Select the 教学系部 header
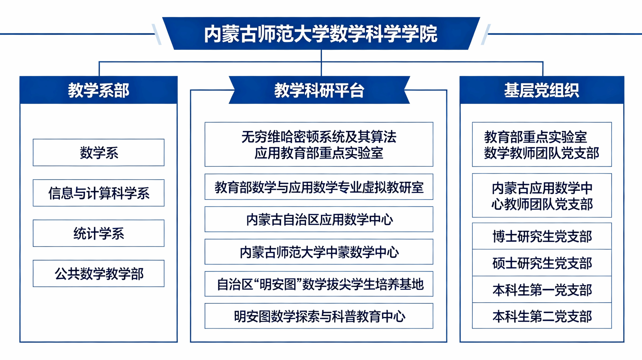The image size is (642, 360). point(98,90)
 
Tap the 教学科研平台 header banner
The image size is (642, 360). point(319,90)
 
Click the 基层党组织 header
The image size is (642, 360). point(542,90)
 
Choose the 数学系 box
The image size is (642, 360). point(98,153)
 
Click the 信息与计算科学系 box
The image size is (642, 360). point(98,193)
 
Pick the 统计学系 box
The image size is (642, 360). point(98,233)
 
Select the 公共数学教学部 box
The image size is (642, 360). point(98,273)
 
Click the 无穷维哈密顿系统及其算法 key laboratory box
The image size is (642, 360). point(319,144)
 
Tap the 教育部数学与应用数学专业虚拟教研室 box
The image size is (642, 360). point(319,187)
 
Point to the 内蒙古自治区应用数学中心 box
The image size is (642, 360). point(319,219)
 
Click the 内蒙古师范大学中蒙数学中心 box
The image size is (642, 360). point(319,252)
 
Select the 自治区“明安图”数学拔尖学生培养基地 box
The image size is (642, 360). point(319,284)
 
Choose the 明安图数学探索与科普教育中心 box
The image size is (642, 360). point(319,316)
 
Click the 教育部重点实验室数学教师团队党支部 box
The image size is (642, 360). point(542,144)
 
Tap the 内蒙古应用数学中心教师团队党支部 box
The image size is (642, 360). point(542,196)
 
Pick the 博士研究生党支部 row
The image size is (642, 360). point(542,236)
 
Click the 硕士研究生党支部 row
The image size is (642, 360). point(542,263)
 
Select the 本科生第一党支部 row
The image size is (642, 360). point(542,290)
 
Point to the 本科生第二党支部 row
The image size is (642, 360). point(542,316)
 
